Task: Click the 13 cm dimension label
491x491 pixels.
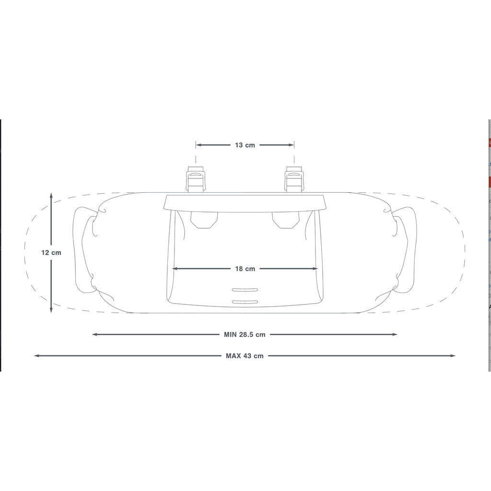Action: point(245,145)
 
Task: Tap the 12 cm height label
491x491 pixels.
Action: point(51,252)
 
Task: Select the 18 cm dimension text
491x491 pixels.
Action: point(245,269)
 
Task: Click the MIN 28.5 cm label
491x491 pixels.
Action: point(245,334)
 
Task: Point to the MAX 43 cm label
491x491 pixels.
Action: point(245,356)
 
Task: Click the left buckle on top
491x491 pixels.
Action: point(196,179)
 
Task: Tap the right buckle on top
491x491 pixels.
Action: point(294,179)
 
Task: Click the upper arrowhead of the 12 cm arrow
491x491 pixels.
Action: point(51,196)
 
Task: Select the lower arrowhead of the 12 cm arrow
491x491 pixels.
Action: point(51,309)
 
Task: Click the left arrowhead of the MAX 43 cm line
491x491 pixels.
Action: point(36,356)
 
